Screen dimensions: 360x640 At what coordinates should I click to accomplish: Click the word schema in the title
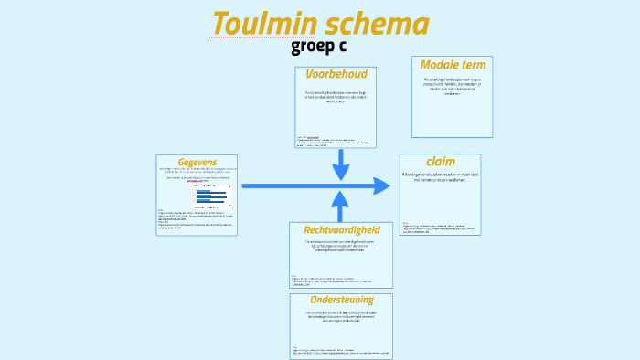[377, 24]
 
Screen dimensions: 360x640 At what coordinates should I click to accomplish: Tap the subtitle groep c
[319, 47]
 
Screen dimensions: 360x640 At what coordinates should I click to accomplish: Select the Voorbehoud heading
[336, 74]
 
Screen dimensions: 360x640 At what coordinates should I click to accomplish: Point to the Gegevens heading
[197, 162]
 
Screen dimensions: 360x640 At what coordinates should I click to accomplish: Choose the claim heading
[441, 162]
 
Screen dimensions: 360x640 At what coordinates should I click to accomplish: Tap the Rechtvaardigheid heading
[342, 229]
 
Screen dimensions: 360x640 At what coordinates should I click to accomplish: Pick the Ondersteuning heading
[341, 300]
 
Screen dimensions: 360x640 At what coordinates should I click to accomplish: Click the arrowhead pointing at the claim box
[382, 186]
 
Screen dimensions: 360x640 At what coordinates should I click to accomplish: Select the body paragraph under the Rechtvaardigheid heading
[341, 246]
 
